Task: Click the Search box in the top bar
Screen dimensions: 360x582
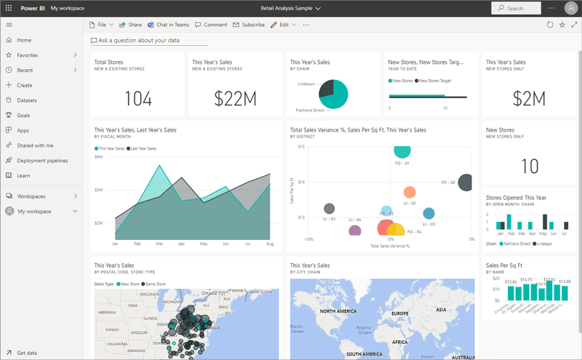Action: tap(519, 8)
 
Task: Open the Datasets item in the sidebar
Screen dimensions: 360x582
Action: tap(27, 100)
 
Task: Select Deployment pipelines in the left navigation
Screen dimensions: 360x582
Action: tap(42, 161)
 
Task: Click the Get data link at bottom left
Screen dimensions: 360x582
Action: tap(28, 353)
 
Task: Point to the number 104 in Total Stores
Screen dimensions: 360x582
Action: tap(137, 100)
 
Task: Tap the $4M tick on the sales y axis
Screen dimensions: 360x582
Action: tap(98, 156)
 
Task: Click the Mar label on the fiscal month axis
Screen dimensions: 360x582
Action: tap(159, 244)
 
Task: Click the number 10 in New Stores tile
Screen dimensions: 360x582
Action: tap(530, 166)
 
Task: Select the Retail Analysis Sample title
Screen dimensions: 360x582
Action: tap(291, 8)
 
